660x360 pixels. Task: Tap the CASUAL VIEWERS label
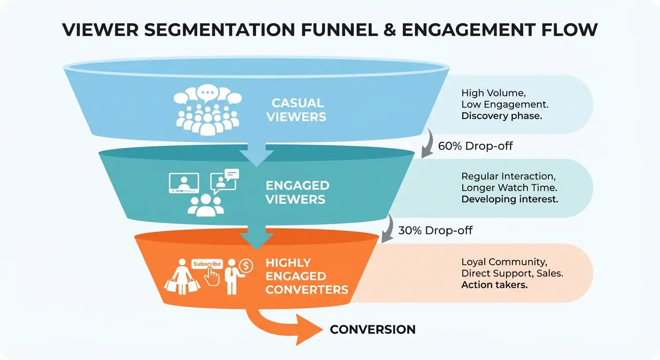tap(297, 110)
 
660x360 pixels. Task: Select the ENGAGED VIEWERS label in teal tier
tap(297, 192)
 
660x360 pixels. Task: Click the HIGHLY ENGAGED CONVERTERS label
tap(307, 276)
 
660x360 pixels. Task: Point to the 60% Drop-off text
tap(475, 146)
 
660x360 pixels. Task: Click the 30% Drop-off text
tap(435, 230)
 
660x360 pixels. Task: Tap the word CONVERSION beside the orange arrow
tap(373, 330)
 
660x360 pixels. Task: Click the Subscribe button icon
tap(207, 264)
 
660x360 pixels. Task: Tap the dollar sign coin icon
tap(246, 266)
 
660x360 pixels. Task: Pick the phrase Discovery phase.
tap(501, 116)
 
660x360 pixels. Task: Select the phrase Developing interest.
tap(510, 199)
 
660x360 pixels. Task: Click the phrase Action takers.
tap(494, 285)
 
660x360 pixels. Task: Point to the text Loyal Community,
tap(504, 262)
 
